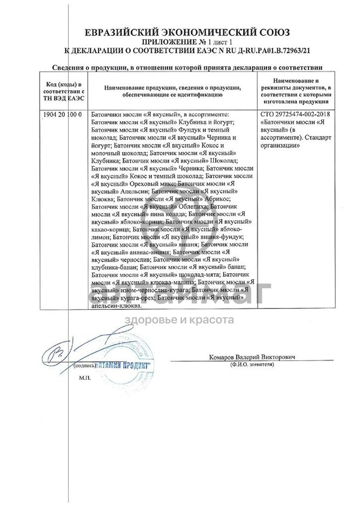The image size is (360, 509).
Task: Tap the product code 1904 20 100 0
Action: (x=62, y=114)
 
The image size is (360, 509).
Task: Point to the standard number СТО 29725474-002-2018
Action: (x=295, y=114)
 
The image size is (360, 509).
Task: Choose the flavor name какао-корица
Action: (x=110, y=229)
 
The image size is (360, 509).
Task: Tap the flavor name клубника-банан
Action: (x=115, y=267)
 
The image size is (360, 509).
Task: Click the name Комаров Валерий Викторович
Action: (x=252, y=357)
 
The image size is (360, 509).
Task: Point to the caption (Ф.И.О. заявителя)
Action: (x=252, y=365)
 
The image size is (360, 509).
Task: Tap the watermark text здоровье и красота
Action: (x=180, y=320)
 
